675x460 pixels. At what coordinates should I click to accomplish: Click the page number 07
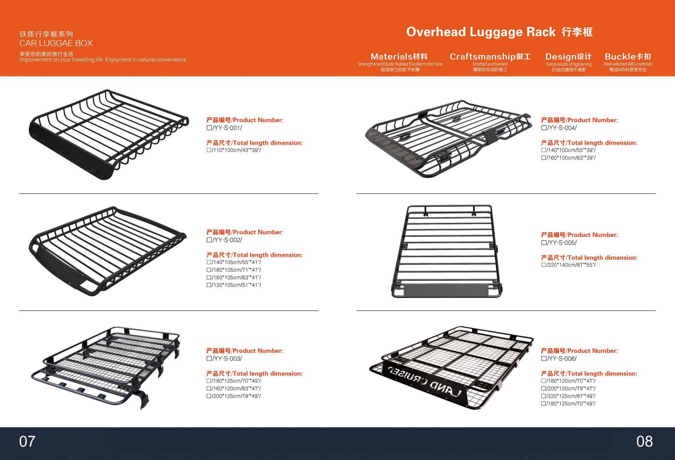(x=27, y=441)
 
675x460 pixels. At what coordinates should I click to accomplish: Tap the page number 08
(x=645, y=441)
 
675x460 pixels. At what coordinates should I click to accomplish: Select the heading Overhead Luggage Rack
(x=481, y=32)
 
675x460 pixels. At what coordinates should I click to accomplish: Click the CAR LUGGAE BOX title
(x=56, y=43)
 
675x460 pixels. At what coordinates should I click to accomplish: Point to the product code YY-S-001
(x=227, y=128)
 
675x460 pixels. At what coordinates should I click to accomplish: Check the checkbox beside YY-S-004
(x=544, y=128)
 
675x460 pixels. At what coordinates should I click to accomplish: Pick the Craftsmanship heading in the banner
(x=483, y=56)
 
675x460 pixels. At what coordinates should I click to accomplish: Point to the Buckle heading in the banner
(x=619, y=56)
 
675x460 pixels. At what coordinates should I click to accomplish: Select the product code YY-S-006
(x=562, y=359)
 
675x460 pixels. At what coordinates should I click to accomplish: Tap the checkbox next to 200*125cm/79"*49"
(x=209, y=396)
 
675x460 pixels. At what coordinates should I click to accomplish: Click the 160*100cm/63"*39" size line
(x=571, y=158)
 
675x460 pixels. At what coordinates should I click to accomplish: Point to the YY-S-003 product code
(x=227, y=359)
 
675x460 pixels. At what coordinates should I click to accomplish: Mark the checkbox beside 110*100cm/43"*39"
(x=209, y=150)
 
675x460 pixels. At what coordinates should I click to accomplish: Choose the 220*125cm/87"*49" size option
(x=571, y=396)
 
